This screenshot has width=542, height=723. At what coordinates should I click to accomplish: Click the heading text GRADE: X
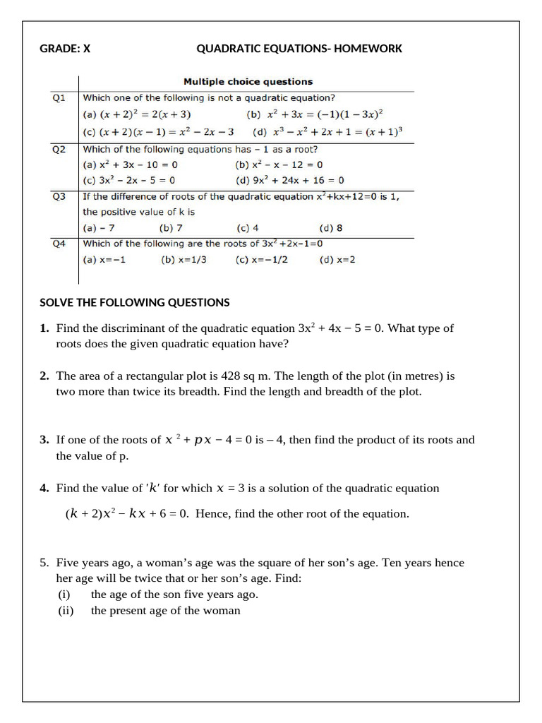coord(65,49)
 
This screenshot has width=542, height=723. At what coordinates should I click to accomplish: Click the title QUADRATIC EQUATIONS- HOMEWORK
coord(299,49)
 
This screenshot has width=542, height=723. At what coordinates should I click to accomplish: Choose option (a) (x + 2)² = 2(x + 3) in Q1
coord(137,114)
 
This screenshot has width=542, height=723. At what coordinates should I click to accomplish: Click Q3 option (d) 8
coord(331,228)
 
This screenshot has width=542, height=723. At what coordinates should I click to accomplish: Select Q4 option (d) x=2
coord(337,259)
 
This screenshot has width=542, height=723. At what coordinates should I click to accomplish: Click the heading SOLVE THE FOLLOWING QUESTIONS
coord(135,302)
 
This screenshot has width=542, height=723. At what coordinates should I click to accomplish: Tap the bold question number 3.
coord(44,440)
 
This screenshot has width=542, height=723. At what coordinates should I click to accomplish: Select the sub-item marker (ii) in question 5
coord(66,611)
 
